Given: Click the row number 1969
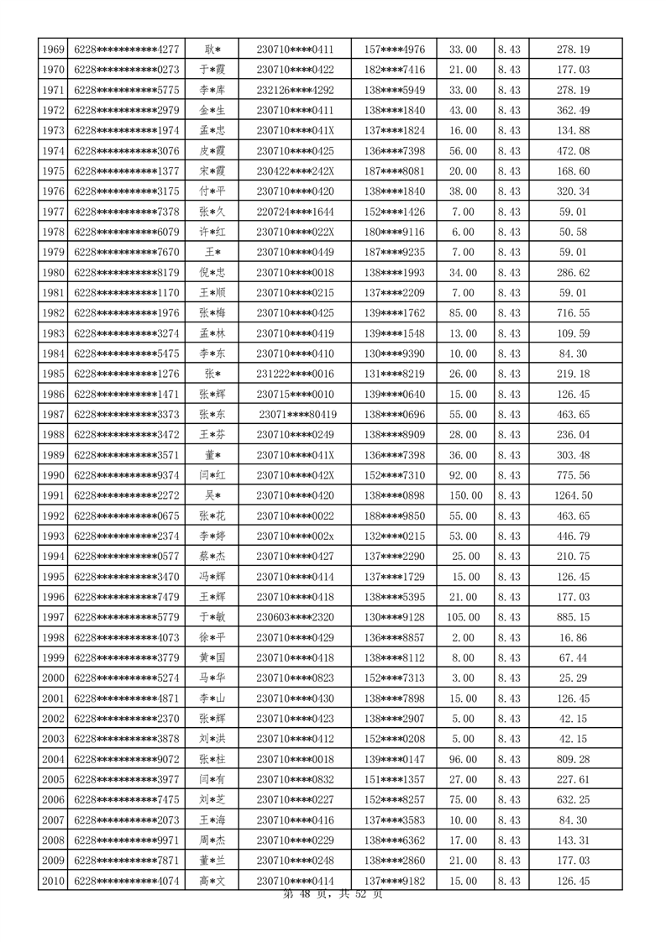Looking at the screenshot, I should click(53, 50).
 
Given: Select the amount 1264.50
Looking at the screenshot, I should click(573, 495).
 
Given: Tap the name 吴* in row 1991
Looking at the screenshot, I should click(212, 495).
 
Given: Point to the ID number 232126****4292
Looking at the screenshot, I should click(295, 90).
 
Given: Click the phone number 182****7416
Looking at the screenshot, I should click(395, 70).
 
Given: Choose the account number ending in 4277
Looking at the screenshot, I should click(127, 50).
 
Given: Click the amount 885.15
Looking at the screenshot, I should click(573, 617).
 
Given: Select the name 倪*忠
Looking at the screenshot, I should click(212, 273).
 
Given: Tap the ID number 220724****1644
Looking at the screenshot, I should click(295, 212).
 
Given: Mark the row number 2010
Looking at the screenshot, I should click(53, 881).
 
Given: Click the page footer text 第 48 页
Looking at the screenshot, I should click(303, 895).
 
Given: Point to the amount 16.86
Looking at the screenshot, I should click(573, 637).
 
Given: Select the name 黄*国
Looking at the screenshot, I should click(212, 657).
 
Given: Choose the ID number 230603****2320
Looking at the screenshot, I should click(295, 617).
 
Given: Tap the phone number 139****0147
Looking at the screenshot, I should click(395, 759).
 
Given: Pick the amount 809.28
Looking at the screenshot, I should click(573, 759).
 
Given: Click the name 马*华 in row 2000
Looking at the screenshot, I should click(212, 678).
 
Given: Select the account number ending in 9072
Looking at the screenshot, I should click(127, 759).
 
